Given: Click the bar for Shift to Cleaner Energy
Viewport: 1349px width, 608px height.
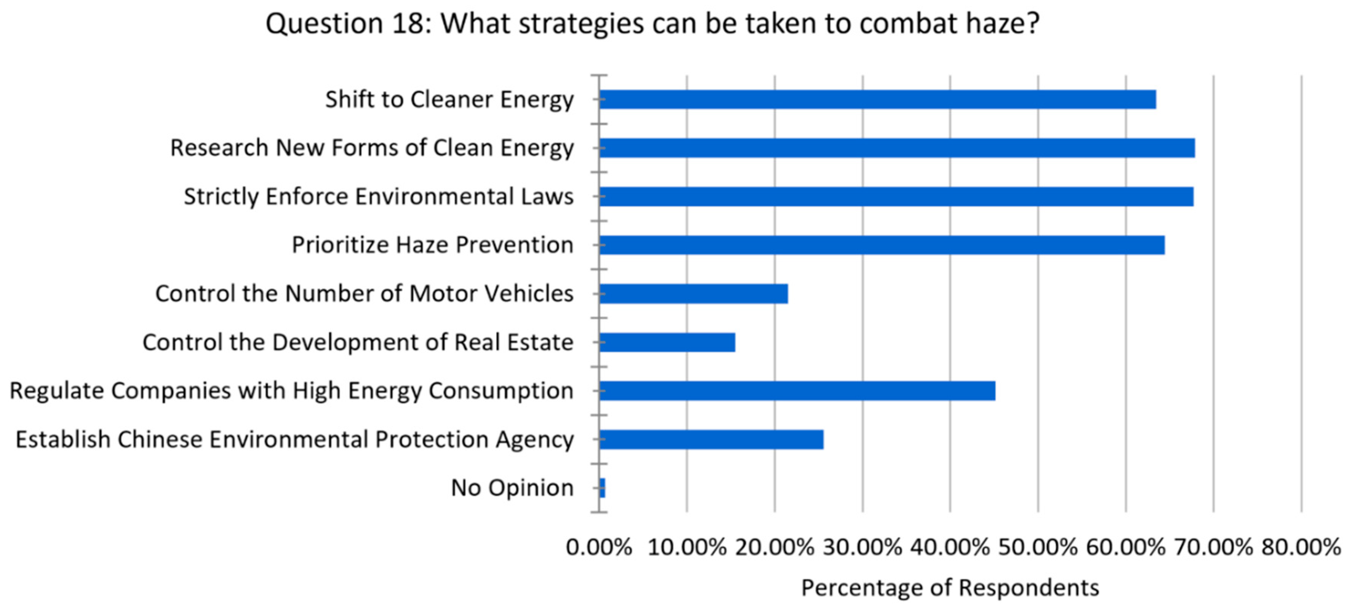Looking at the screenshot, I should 877,99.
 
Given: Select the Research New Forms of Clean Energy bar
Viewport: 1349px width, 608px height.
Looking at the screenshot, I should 897,148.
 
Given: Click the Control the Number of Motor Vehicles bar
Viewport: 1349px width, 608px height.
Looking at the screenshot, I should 693,294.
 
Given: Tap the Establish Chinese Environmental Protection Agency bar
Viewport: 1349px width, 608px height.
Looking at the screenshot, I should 711,440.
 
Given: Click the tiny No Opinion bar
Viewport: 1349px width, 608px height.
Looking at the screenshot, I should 602,488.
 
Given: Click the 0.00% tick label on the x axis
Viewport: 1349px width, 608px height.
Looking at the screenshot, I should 599,547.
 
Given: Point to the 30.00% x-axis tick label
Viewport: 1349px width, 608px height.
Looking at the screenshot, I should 863,547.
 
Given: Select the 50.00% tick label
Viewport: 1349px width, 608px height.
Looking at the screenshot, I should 1038,547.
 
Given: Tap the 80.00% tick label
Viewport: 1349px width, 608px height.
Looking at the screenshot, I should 1301,547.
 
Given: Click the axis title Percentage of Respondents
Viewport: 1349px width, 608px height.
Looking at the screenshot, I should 950,587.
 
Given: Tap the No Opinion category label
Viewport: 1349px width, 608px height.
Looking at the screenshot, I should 512,488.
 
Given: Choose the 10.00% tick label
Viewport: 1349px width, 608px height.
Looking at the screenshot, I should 687,547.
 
